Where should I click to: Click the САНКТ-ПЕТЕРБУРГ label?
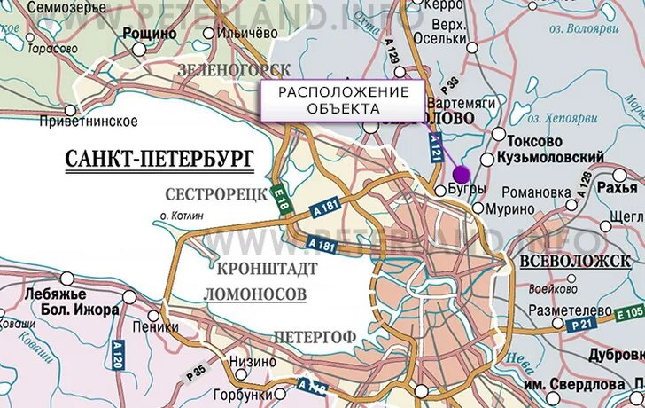point(159,159)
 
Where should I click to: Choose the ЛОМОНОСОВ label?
point(254,293)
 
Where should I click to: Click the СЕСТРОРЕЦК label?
point(216,194)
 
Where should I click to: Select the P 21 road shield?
point(581,326)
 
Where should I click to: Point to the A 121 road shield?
point(435,146)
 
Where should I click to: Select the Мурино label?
point(511,208)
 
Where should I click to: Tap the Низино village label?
point(253,361)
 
